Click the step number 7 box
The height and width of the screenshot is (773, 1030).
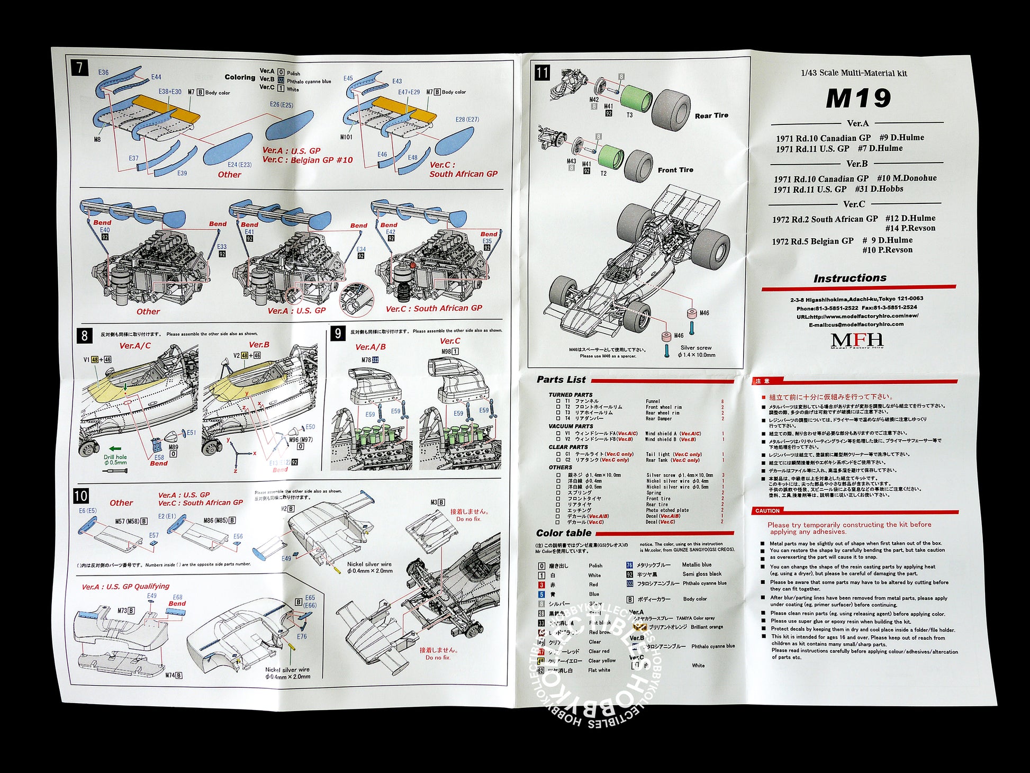[x=79, y=68]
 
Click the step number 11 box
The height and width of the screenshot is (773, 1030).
[x=542, y=73]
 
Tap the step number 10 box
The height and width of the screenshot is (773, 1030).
[x=80, y=496]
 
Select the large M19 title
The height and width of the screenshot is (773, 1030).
[x=858, y=98]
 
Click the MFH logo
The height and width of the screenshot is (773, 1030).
[x=857, y=340]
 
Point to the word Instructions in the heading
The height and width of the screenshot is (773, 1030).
[x=850, y=278]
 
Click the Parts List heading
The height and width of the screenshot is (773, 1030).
[x=561, y=380]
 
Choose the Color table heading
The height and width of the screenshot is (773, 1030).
[x=563, y=533]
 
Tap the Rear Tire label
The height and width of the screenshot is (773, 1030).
[x=711, y=115]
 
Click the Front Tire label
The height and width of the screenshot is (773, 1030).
[x=675, y=170]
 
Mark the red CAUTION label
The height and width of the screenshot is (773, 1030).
[x=767, y=511]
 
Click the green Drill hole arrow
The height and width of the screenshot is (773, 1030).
[x=114, y=449]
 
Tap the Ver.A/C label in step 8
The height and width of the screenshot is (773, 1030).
[x=135, y=346]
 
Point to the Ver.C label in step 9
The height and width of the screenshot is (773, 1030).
[x=450, y=341]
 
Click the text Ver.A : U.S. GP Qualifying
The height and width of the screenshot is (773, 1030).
[x=125, y=587]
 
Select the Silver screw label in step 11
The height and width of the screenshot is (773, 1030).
[x=695, y=348]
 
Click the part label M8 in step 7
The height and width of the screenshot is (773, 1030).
[x=97, y=140]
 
